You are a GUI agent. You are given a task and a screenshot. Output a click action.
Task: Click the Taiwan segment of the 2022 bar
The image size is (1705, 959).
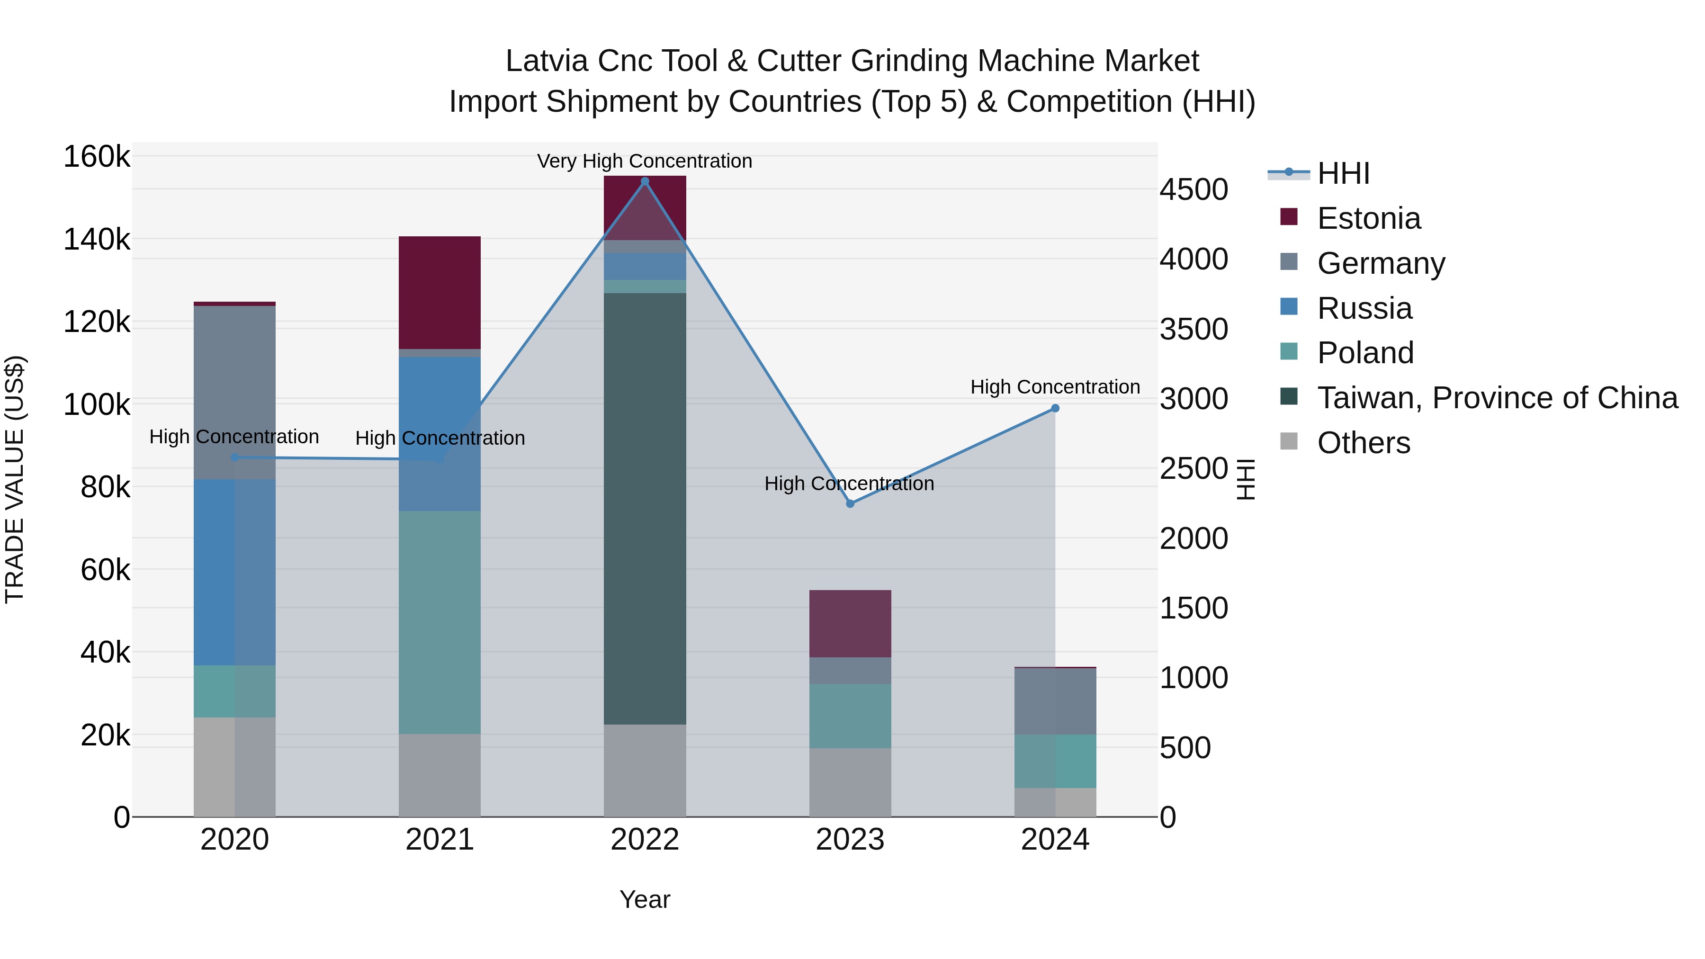(x=645, y=508)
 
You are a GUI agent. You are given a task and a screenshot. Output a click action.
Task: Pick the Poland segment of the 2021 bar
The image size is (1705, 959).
(x=440, y=622)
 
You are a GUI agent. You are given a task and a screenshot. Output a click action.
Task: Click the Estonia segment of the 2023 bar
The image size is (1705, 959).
(x=850, y=623)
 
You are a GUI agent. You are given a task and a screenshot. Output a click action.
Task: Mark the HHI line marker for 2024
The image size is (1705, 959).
(x=1055, y=408)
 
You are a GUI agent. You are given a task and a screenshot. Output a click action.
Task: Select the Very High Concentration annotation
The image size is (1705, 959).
(x=644, y=161)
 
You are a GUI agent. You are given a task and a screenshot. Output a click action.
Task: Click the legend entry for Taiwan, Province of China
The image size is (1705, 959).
(x=1497, y=398)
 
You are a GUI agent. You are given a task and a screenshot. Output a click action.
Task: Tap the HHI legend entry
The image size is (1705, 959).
(x=1343, y=173)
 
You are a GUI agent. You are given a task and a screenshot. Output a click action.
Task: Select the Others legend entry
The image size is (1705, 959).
(x=1364, y=443)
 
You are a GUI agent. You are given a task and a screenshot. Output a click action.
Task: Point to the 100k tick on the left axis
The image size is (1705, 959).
(x=97, y=404)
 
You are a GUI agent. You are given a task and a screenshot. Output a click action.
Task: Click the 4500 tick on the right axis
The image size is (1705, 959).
(x=1193, y=189)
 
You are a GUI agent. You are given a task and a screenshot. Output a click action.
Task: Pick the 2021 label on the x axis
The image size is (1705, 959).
(x=440, y=840)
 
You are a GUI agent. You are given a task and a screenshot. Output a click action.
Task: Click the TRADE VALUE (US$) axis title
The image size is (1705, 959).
(x=15, y=479)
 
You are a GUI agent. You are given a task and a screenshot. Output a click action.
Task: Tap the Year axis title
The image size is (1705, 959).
(x=645, y=899)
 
